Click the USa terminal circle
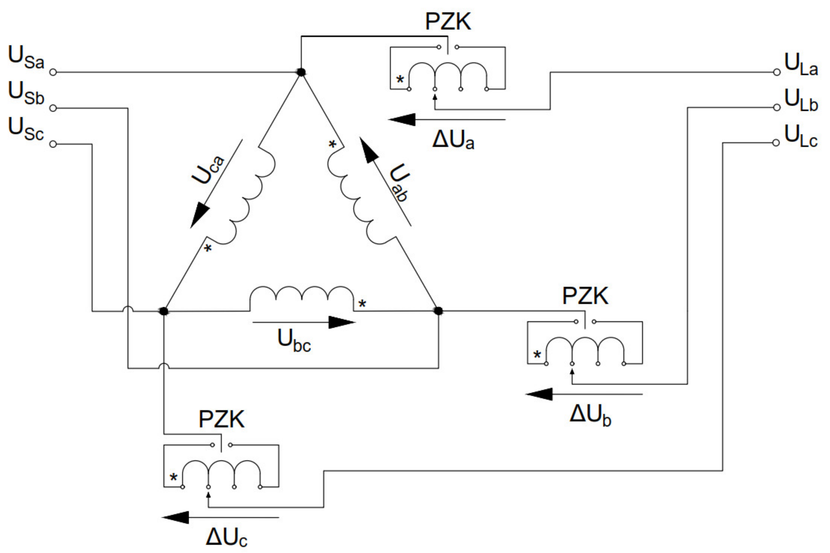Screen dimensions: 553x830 53,72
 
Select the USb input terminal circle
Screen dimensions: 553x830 53,108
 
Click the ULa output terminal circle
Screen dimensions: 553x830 776,72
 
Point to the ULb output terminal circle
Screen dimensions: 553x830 776,108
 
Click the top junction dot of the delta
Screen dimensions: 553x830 301,72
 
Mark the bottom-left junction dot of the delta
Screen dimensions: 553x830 164,311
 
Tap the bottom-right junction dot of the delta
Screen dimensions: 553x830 438,311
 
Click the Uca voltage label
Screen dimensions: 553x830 208,169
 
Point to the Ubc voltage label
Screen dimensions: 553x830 294,340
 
